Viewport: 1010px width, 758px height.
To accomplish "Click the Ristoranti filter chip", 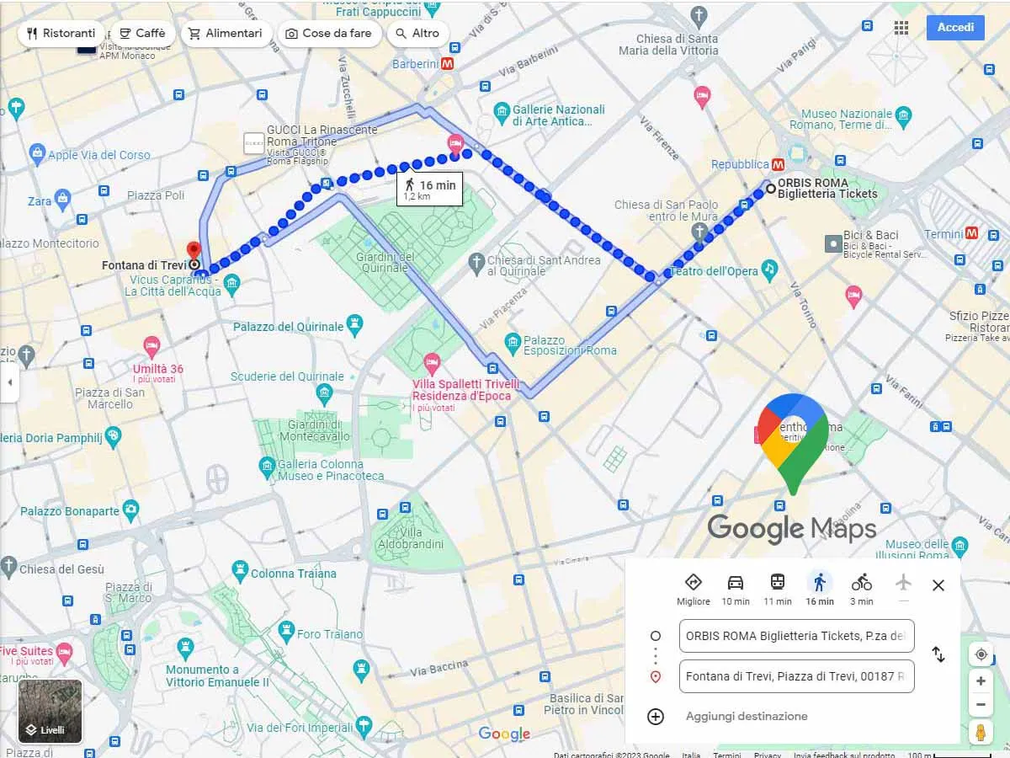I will click(x=61, y=34).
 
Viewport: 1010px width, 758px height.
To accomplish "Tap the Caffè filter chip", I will click(x=141, y=34).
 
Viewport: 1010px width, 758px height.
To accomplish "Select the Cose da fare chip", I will click(x=327, y=34).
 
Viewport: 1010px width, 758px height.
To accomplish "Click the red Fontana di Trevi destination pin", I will click(x=194, y=251).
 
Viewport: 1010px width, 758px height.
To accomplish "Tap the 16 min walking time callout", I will click(x=429, y=189).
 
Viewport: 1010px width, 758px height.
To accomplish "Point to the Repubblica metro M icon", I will click(x=779, y=164).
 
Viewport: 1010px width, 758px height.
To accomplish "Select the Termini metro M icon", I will click(x=972, y=233).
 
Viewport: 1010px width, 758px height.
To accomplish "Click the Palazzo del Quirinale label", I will click(x=289, y=326).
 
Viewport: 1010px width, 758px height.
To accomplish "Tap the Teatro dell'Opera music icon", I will click(x=769, y=270).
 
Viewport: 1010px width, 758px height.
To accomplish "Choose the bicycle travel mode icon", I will click(x=861, y=582).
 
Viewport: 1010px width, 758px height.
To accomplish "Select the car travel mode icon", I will click(x=736, y=582).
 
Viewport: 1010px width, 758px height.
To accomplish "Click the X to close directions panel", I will click(x=938, y=585).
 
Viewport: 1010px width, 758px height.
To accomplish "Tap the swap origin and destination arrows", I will click(x=938, y=654).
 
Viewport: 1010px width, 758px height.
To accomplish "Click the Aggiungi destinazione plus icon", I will click(x=656, y=717).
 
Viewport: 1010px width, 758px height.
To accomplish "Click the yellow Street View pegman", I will click(x=981, y=732).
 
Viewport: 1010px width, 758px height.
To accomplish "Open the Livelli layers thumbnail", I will click(x=50, y=712).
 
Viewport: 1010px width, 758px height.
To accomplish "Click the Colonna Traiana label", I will click(x=293, y=574).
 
